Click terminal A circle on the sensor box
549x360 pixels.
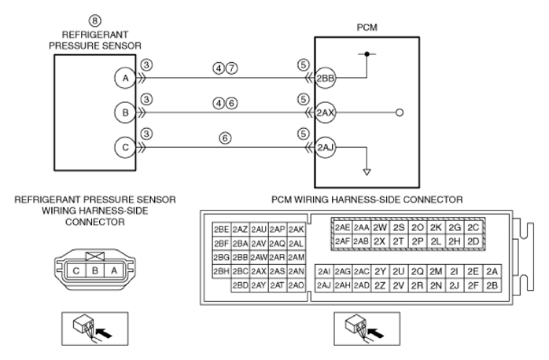[125, 78]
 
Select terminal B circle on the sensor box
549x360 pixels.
[125, 112]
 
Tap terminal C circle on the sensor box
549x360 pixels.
[125, 147]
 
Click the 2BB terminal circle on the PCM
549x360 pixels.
[326, 78]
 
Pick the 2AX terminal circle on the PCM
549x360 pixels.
[326, 112]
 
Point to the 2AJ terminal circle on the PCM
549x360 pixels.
[326, 147]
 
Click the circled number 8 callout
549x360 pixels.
[95, 20]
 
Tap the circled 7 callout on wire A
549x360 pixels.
[231, 68]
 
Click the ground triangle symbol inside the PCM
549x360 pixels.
[367, 172]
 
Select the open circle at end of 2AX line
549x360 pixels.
[400, 112]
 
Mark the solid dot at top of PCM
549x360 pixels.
[367, 54]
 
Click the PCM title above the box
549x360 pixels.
[367, 28]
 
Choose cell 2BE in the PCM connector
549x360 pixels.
[221, 230]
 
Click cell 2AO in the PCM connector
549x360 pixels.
[296, 285]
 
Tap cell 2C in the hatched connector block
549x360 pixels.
[473, 228]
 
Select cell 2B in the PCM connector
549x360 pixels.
[492, 285]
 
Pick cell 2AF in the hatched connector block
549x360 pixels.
[342, 241]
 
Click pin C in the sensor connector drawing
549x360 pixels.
[76, 271]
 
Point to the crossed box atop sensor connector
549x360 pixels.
[95, 256]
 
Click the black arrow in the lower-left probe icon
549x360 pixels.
[104, 332]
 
